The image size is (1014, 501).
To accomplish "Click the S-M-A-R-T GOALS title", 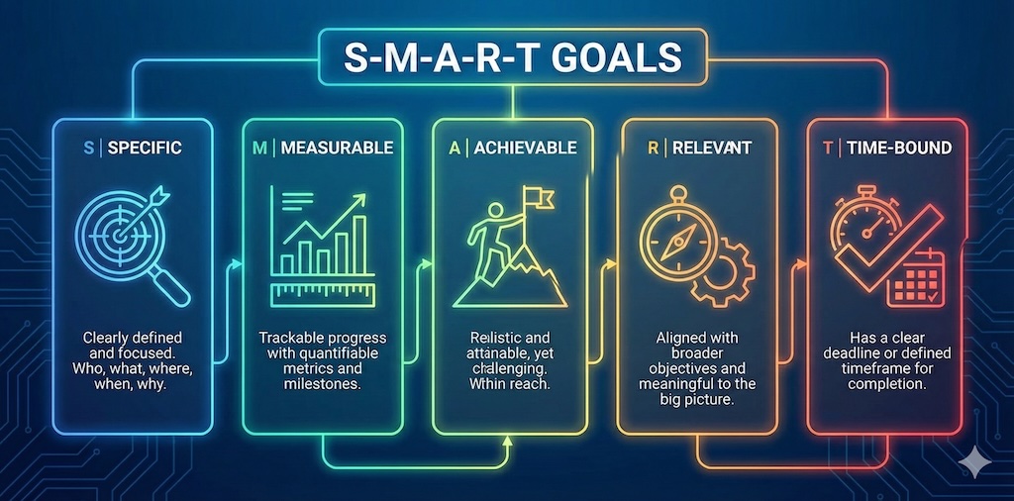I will coord(511,56).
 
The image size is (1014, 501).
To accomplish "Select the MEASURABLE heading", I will coord(337,148).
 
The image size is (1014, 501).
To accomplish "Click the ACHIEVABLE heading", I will coord(525,148).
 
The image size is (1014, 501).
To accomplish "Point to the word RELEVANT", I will coord(712,148).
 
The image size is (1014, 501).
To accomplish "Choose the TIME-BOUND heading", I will coord(899,148).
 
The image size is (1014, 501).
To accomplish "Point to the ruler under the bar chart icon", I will coord(321,292).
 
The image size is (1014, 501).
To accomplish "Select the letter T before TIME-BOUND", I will coord(827,148).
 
